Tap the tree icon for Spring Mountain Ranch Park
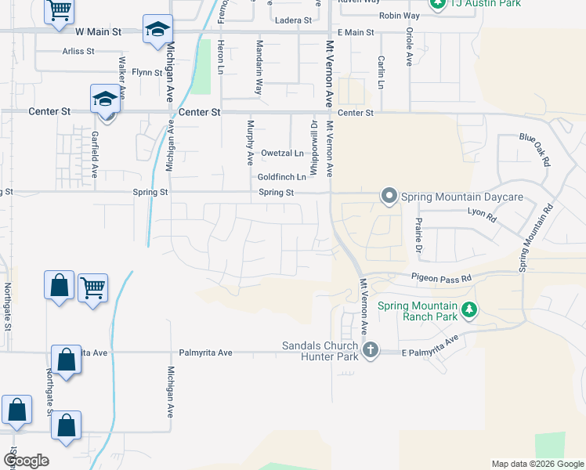point(469,309)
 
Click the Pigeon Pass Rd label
point(442,278)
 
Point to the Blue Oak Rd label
point(536,148)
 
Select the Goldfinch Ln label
point(281,177)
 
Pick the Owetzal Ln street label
point(282,153)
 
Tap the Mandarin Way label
point(258,74)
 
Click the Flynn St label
point(146,72)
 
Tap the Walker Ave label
point(121,74)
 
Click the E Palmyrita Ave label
point(429,345)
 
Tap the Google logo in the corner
point(26,460)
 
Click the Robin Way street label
point(400,16)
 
